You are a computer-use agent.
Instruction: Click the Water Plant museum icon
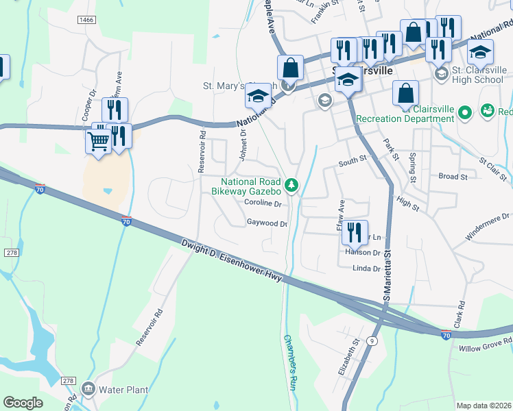(88, 389)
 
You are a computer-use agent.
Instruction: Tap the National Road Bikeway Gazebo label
(246, 186)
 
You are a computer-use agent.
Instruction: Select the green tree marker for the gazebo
(292, 184)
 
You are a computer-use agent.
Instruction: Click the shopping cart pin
(98, 142)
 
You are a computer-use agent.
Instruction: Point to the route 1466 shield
(86, 21)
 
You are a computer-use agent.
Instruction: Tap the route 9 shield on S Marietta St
(372, 340)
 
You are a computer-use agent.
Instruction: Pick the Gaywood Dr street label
(266, 223)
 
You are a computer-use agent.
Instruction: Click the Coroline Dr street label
(263, 203)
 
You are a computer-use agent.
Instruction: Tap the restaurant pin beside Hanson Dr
(355, 232)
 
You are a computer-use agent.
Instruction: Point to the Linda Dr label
(365, 269)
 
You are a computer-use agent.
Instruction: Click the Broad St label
(453, 176)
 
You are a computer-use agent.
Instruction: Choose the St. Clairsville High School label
(479, 75)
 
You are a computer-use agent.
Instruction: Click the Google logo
(23, 403)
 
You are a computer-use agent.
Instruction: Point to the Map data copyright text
(484, 406)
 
